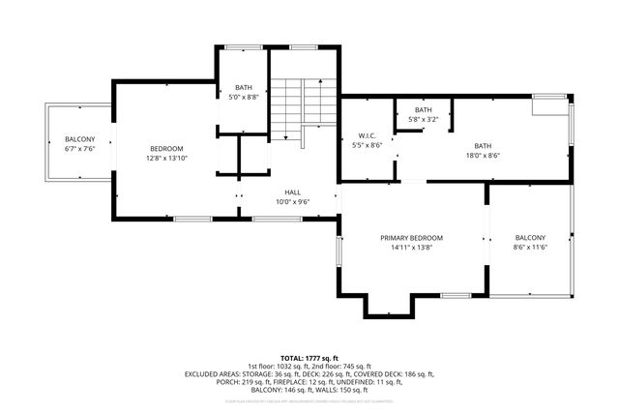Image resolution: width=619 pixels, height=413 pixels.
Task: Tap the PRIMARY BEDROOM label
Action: click(411, 238)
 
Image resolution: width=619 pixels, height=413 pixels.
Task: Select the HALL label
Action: click(291, 192)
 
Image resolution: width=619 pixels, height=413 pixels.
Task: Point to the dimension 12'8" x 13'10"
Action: click(165, 157)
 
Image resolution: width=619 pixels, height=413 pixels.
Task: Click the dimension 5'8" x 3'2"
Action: click(424, 119)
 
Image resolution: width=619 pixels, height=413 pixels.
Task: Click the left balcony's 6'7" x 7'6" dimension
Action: click(79, 150)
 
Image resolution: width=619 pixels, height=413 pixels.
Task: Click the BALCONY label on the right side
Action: click(529, 238)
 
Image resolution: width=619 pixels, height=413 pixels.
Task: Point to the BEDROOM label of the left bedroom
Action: click(165, 148)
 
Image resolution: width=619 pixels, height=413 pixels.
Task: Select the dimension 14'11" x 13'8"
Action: click(411, 249)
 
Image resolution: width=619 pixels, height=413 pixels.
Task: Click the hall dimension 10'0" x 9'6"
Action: click(291, 202)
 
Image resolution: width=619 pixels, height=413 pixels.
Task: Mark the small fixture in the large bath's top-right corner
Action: click(550, 103)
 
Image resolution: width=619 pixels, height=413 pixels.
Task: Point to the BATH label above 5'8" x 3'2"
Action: click(424, 110)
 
